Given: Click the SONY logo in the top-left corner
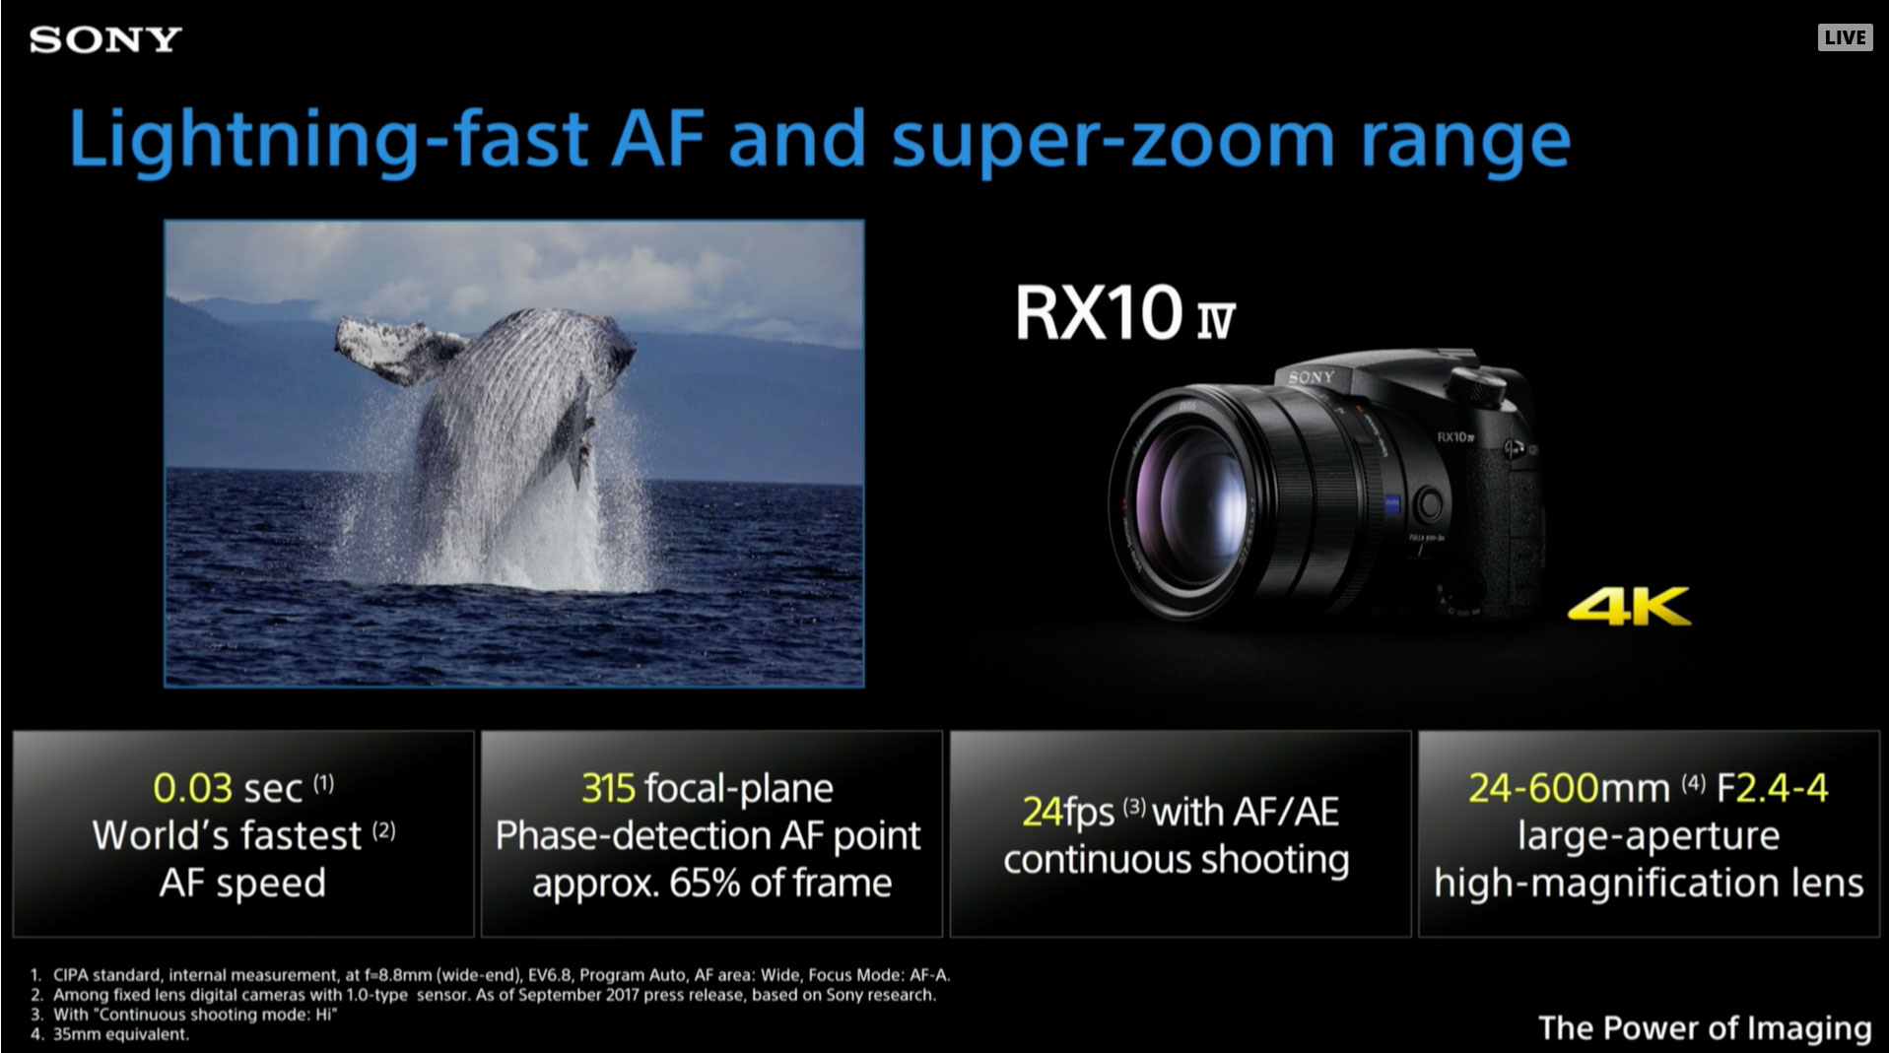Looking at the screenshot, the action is (x=105, y=39).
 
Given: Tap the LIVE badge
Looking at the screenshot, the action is (x=1845, y=37).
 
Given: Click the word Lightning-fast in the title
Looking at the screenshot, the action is (x=328, y=141).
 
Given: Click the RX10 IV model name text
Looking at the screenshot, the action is (x=1124, y=312).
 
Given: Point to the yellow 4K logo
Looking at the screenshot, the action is (x=1629, y=606).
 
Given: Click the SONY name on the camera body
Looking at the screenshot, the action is (x=1311, y=377).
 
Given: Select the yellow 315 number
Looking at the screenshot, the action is (x=608, y=788).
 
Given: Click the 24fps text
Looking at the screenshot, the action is (x=1068, y=813).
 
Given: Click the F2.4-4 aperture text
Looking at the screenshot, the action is (x=1772, y=788).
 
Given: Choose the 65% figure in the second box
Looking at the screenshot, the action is (x=705, y=884).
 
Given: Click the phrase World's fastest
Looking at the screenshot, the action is (x=227, y=835).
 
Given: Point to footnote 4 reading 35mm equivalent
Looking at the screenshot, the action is (x=120, y=1034).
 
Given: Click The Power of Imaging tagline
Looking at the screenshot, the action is (x=1705, y=1028).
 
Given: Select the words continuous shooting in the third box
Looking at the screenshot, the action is (x=1177, y=860).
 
